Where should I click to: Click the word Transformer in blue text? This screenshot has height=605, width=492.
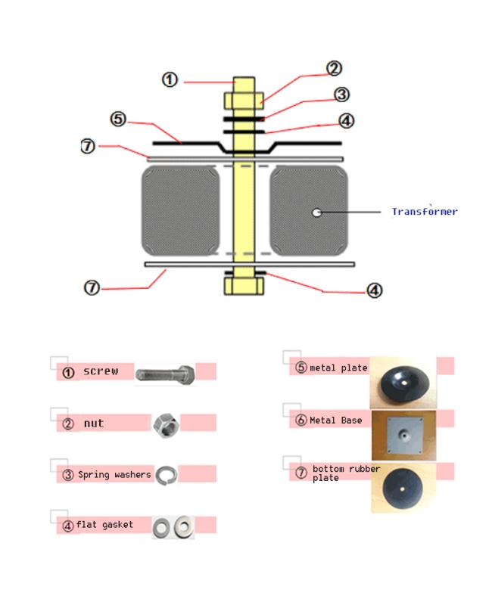424,212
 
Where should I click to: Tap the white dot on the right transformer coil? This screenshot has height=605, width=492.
316,213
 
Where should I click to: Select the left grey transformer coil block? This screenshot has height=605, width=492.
181,211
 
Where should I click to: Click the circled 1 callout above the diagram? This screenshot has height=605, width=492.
170,79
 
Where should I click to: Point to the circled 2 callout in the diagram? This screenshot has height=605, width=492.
334,69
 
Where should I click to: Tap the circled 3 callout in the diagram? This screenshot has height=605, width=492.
341,95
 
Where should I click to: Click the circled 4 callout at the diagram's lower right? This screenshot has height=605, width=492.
374,290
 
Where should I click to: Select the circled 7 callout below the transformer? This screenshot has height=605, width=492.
92,287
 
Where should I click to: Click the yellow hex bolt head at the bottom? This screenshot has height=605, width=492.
244,286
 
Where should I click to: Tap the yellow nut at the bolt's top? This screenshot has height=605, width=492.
244,100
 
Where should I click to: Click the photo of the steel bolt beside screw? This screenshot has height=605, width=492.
166,373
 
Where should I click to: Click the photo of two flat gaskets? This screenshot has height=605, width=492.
173,526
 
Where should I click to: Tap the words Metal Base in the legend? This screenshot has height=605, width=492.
335,420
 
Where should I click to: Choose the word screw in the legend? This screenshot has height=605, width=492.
101,371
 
